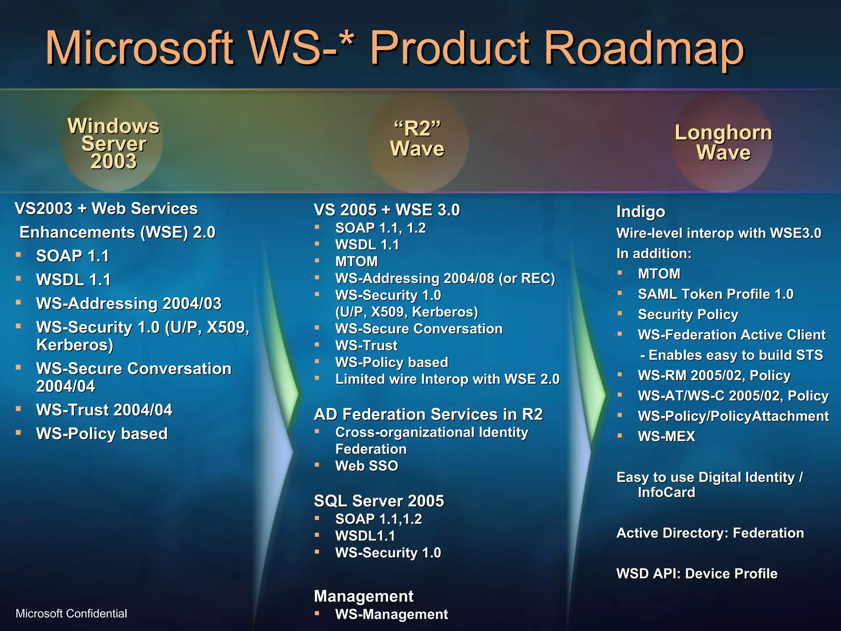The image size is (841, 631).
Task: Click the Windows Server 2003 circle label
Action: [x=113, y=143]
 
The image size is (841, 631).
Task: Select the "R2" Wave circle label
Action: [x=417, y=139]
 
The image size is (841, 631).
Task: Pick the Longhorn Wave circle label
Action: [x=723, y=142]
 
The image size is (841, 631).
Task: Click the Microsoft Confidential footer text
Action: [x=71, y=613]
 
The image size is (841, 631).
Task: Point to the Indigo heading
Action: [x=641, y=212]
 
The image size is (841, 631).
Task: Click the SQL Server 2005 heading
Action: [x=379, y=501]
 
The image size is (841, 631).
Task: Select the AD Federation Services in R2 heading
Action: [x=428, y=414]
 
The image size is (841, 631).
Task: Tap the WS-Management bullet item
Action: [x=391, y=614]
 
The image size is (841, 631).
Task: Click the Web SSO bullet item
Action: [x=366, y=466]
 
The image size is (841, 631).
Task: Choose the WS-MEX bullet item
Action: [x=666, y=436]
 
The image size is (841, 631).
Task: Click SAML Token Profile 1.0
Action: [x=715, y=294]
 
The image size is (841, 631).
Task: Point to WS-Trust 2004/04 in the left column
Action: [x=104, y=410]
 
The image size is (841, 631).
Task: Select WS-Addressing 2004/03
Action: [x=129, y=304]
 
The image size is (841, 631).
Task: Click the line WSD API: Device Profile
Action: [x=697, y=573]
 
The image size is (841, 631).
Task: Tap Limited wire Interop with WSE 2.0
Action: [x=447, y=379]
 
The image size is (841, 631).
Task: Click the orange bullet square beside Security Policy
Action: [x=620, y=313]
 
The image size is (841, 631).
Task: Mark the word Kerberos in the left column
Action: [x=72, y=345]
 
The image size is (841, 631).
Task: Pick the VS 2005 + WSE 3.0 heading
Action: [x=386, y=210]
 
